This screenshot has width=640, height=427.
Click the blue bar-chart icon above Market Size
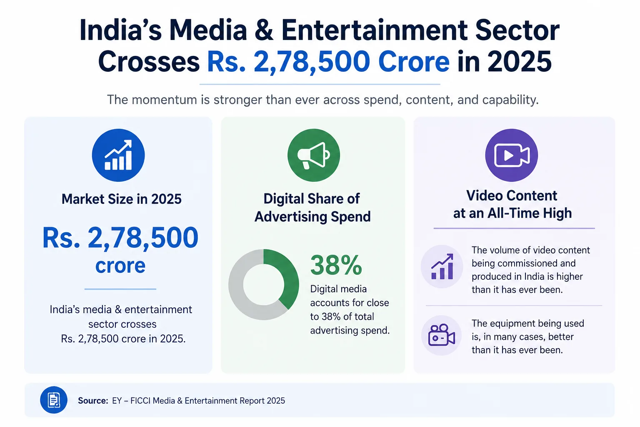click(118, 155)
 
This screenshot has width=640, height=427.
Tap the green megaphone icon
click(313, 155)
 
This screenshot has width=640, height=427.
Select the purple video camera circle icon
click(511, 155)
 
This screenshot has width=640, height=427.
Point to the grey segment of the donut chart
click(239, 297)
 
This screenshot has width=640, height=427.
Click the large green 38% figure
click(336, 265)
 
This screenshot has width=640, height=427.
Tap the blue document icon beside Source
click(54, 400)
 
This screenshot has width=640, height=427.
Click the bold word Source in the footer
click(93, 401)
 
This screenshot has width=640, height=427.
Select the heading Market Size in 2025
click(121, 199)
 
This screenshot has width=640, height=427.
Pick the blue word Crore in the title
click(414, 61)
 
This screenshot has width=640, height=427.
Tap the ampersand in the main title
click(264, 30)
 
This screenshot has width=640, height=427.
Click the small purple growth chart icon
click(442, 266)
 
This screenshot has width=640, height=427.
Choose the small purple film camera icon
click(441, 335)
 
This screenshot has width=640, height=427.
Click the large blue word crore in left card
click(120, 265)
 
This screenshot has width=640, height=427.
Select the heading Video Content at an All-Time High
click(512, 204)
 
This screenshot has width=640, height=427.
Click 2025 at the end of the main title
click(519, 61)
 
